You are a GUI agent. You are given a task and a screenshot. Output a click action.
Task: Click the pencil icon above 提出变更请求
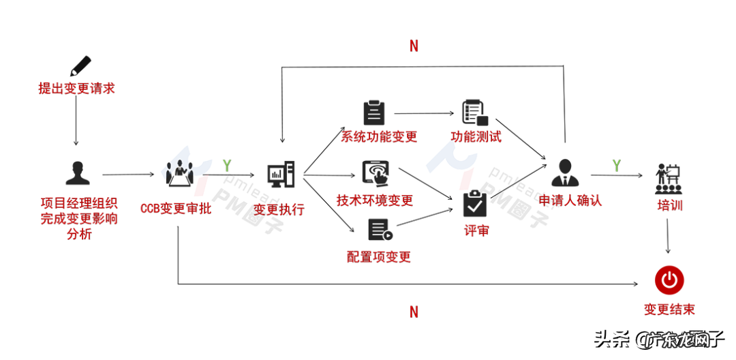point(80,65)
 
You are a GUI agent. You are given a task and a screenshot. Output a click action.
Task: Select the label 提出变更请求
point(76,89)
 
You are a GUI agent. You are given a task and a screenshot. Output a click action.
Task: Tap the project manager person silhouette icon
point(78,173)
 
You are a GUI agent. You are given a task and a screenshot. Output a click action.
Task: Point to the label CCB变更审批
point(176,209)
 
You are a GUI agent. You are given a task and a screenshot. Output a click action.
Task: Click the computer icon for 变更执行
point(281,175)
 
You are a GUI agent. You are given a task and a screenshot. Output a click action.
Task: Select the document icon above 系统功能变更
point(373,111)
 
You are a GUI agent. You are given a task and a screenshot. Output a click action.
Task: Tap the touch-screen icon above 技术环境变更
point(375,173)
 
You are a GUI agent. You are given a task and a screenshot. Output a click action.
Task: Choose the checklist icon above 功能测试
point(473,111)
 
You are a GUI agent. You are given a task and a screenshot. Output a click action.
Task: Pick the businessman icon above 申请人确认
point(565,172)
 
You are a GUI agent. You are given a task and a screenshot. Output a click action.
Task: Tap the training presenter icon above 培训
point(669,176)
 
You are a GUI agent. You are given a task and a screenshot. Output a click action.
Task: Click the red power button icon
point(669,280)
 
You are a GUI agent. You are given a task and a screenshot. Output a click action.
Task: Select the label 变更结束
point(669,310)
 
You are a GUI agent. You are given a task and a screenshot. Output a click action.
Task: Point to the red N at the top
point(414,46)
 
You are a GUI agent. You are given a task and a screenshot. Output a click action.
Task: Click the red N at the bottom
point(414,312)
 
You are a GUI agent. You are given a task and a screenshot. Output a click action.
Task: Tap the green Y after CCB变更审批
point(227,165)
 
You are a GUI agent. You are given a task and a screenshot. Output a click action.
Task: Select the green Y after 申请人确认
point(616,165)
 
